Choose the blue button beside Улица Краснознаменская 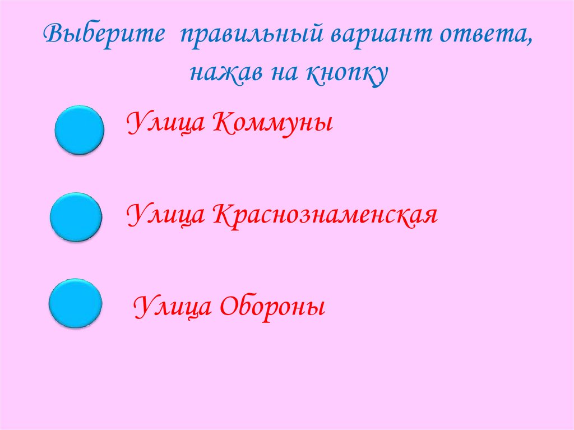click(x=76, y=218)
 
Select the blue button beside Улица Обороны click(x=75, y=303)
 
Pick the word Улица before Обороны click(x=172, y=307)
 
